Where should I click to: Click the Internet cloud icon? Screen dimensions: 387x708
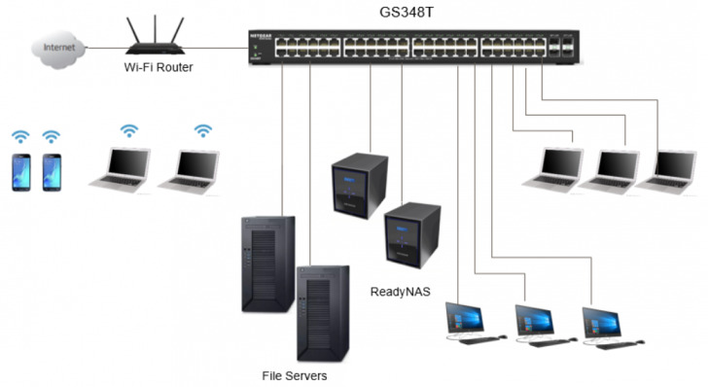point(53,47)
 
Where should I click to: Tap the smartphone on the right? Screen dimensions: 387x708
point(52,172)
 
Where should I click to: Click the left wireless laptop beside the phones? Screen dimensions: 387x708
point(118,168)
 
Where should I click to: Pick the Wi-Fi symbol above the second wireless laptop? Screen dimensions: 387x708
point(202,130)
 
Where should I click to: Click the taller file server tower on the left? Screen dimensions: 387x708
point(266,263)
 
